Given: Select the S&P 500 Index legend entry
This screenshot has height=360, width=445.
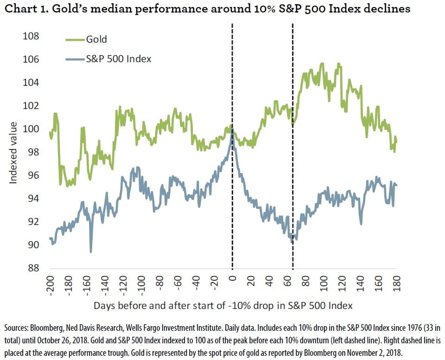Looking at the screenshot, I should pos(119,59).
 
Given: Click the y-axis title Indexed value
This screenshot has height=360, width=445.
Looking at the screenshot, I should pos(14,153).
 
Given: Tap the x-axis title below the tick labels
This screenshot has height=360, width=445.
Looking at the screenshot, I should pos(223,306).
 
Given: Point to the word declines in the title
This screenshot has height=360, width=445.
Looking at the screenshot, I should pos(390,9).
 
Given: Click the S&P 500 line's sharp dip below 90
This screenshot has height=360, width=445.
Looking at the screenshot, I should pos(90,251).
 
